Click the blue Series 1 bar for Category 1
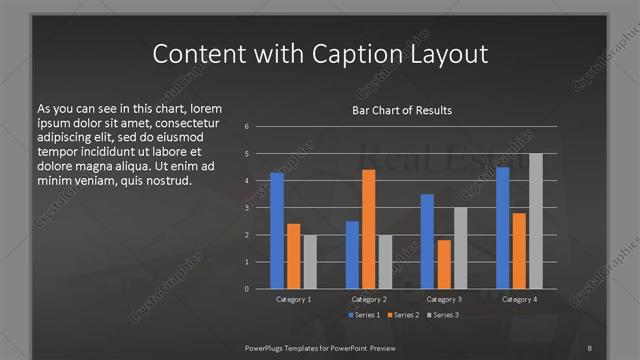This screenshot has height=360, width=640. tap(277, 231)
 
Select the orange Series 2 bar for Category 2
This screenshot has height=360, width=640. tap(368, 229)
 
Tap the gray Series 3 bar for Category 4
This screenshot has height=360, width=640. tap(535, 221)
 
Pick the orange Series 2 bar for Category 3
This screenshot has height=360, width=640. tap(443, 264)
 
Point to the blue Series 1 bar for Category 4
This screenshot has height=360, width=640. tap(502, 228)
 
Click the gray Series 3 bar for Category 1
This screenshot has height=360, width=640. tap(309, 262)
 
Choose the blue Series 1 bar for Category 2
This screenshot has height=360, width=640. tap(352, 255)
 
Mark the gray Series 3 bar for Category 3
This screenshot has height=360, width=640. tap(459, 248)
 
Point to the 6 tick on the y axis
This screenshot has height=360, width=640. tap(247, 127)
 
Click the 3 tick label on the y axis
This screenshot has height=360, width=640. tap(247, 208)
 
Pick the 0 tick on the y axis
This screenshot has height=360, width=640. tap(247, 289)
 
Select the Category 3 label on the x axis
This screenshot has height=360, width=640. tap(443, 299)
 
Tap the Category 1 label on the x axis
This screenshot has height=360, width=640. tap(293, 299)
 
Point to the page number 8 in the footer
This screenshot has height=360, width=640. tap(590, 347)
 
